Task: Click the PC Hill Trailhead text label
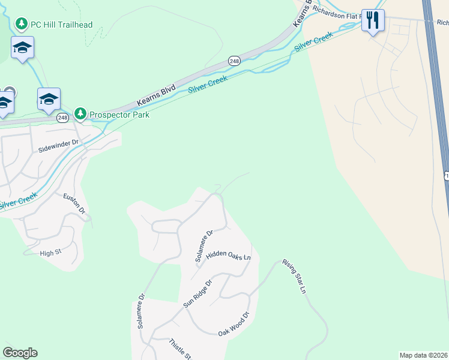pos(63,24)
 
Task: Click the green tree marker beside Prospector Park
pos(80,114)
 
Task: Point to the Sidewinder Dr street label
pos(59,144)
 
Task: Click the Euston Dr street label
pos(74,205)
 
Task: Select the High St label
pos(51,253)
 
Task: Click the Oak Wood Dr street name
pos(233,324)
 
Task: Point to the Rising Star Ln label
pos(294,277)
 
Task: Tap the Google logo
pos(20,353)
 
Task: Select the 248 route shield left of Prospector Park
pos(62,118)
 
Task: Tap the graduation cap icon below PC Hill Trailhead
pos(22,47)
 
